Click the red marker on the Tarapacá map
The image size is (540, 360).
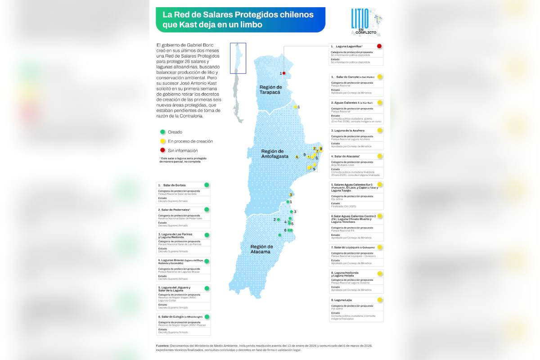coord(284,73)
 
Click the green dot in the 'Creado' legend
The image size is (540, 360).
coord(162,132)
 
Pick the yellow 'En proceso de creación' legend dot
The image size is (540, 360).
coord(162,141)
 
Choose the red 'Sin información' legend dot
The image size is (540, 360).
coord(162,151)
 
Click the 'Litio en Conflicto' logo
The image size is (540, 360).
coord(365,22)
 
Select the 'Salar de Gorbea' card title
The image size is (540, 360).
coord(174,185)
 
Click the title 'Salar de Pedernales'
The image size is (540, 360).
coord(174,210)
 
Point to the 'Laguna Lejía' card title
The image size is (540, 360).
coord(343,300)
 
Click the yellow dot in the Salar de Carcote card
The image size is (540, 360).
coord(380,77)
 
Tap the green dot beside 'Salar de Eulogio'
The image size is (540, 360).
coord(207,316)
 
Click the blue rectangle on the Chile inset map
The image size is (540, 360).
coord(238,58)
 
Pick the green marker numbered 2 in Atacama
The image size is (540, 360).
coord(279,220)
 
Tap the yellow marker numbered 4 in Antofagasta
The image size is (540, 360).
coord(297,157)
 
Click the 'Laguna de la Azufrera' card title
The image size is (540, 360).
coord(349,130)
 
